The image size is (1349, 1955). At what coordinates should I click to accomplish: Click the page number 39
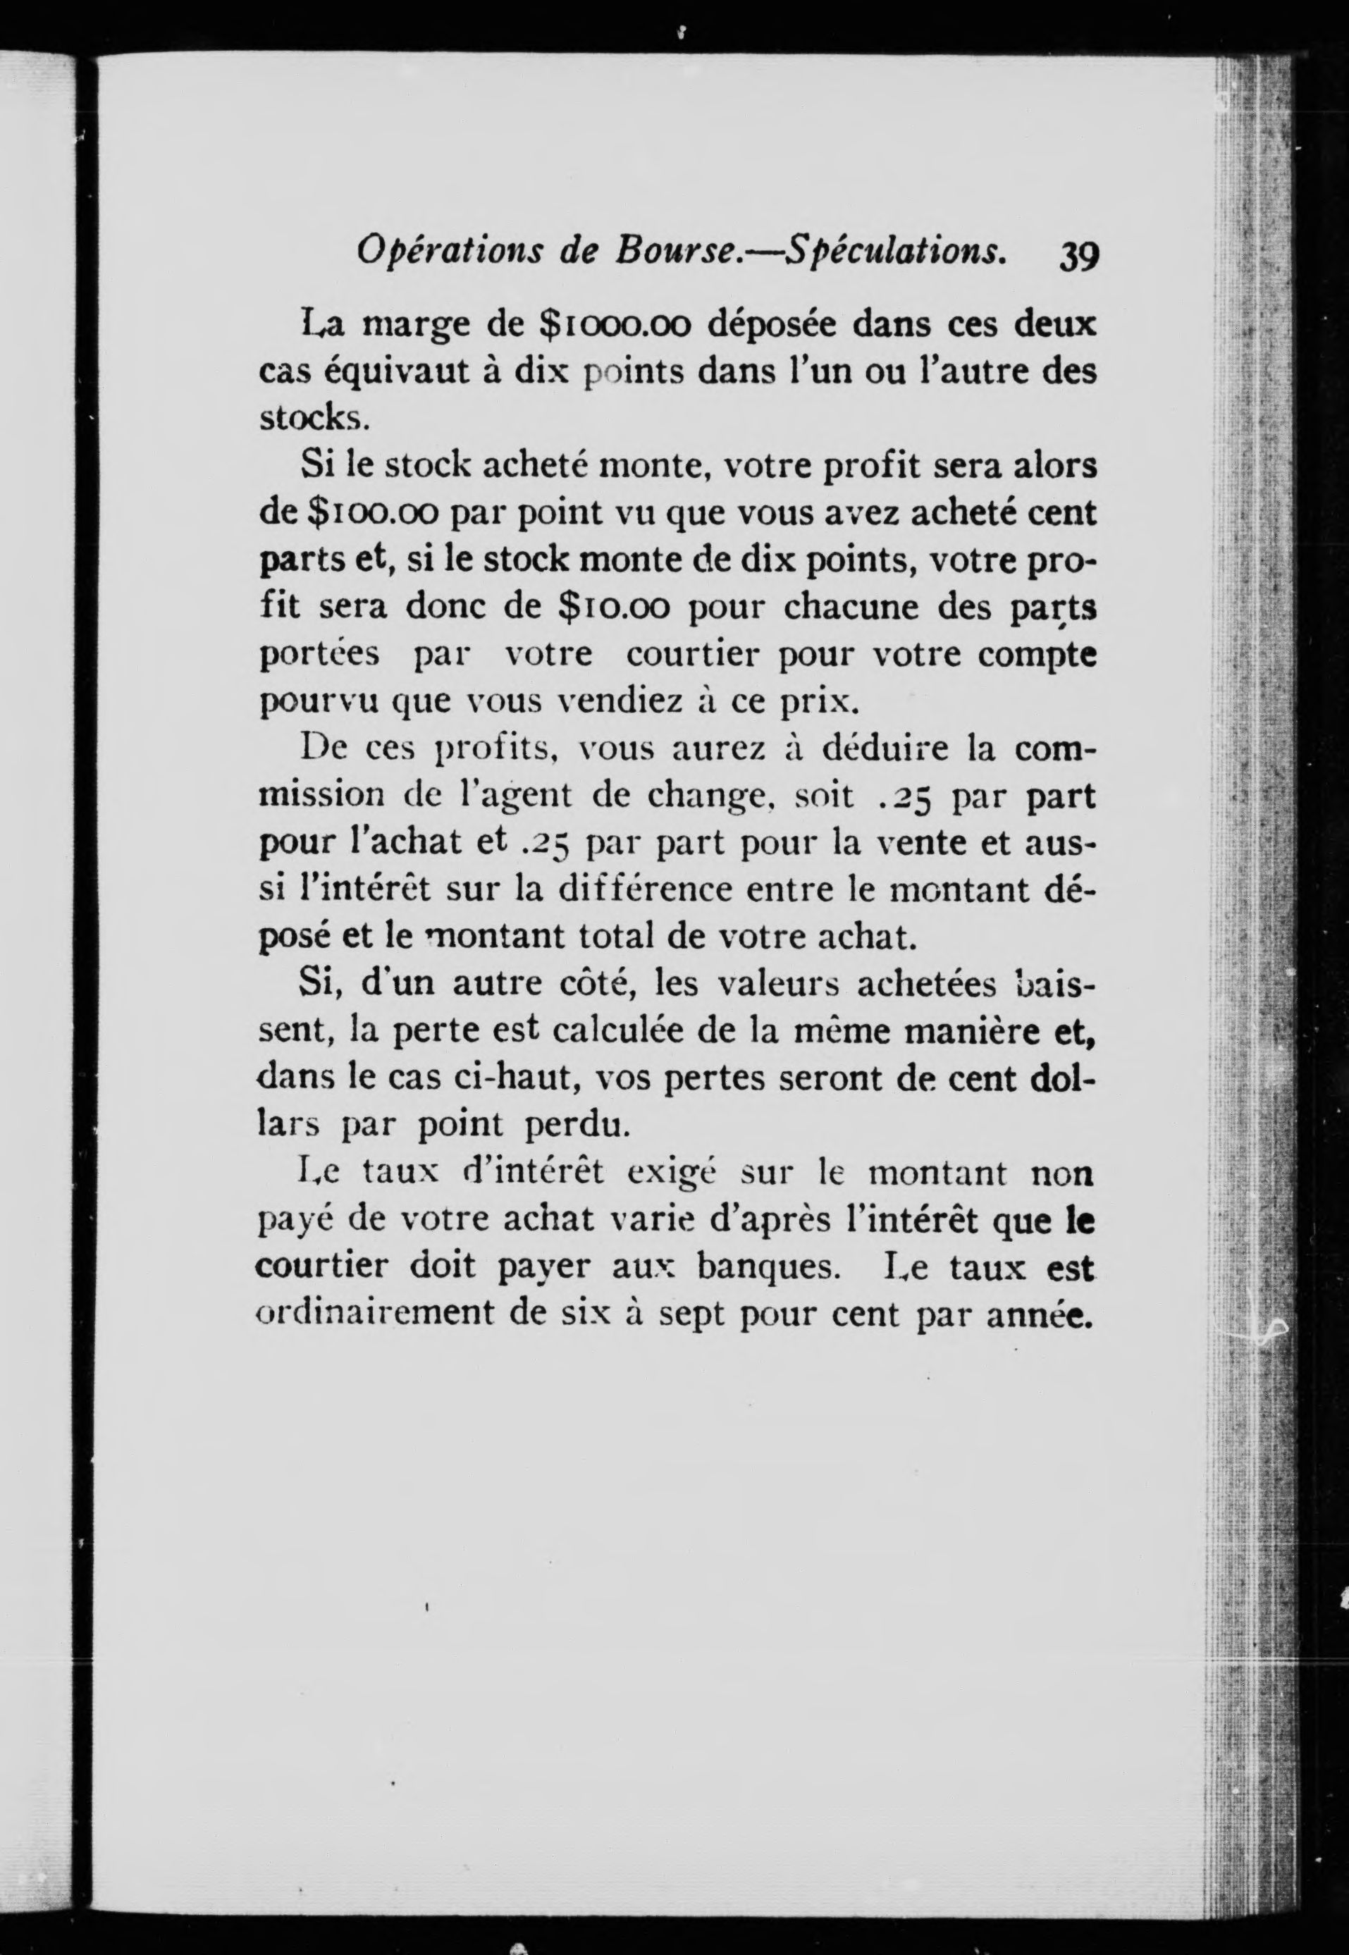1078,254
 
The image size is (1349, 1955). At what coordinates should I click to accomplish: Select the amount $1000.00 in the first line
616,326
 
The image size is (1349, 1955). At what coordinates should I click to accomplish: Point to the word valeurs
777,985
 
